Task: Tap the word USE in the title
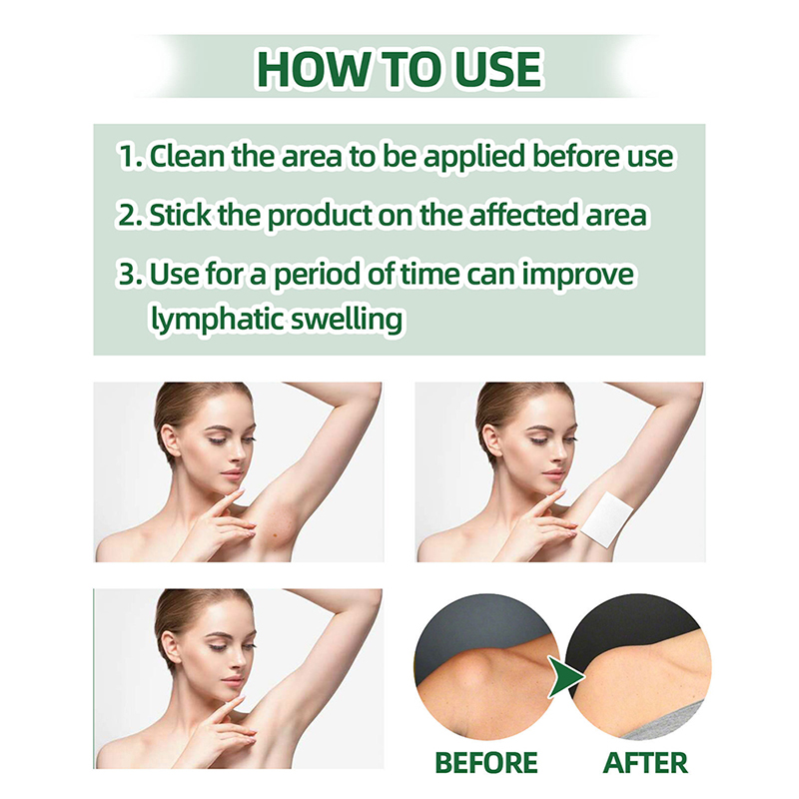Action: pos(497,68)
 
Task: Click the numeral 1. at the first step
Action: pos(131,156)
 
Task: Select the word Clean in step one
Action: pos(187,156)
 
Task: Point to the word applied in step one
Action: pos(473,157)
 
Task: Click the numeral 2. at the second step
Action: pos(131,215)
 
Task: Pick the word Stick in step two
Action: pos(180,215)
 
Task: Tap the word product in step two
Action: pos(320,216)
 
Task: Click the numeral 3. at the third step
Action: pos(131,274)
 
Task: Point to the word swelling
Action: pos(346,320)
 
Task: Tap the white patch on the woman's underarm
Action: pos(599,517)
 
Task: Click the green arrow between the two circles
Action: pos(565,676)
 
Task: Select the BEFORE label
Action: pos(486,763)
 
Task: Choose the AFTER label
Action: pos(645,763)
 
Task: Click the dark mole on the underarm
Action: pos(276,534)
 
